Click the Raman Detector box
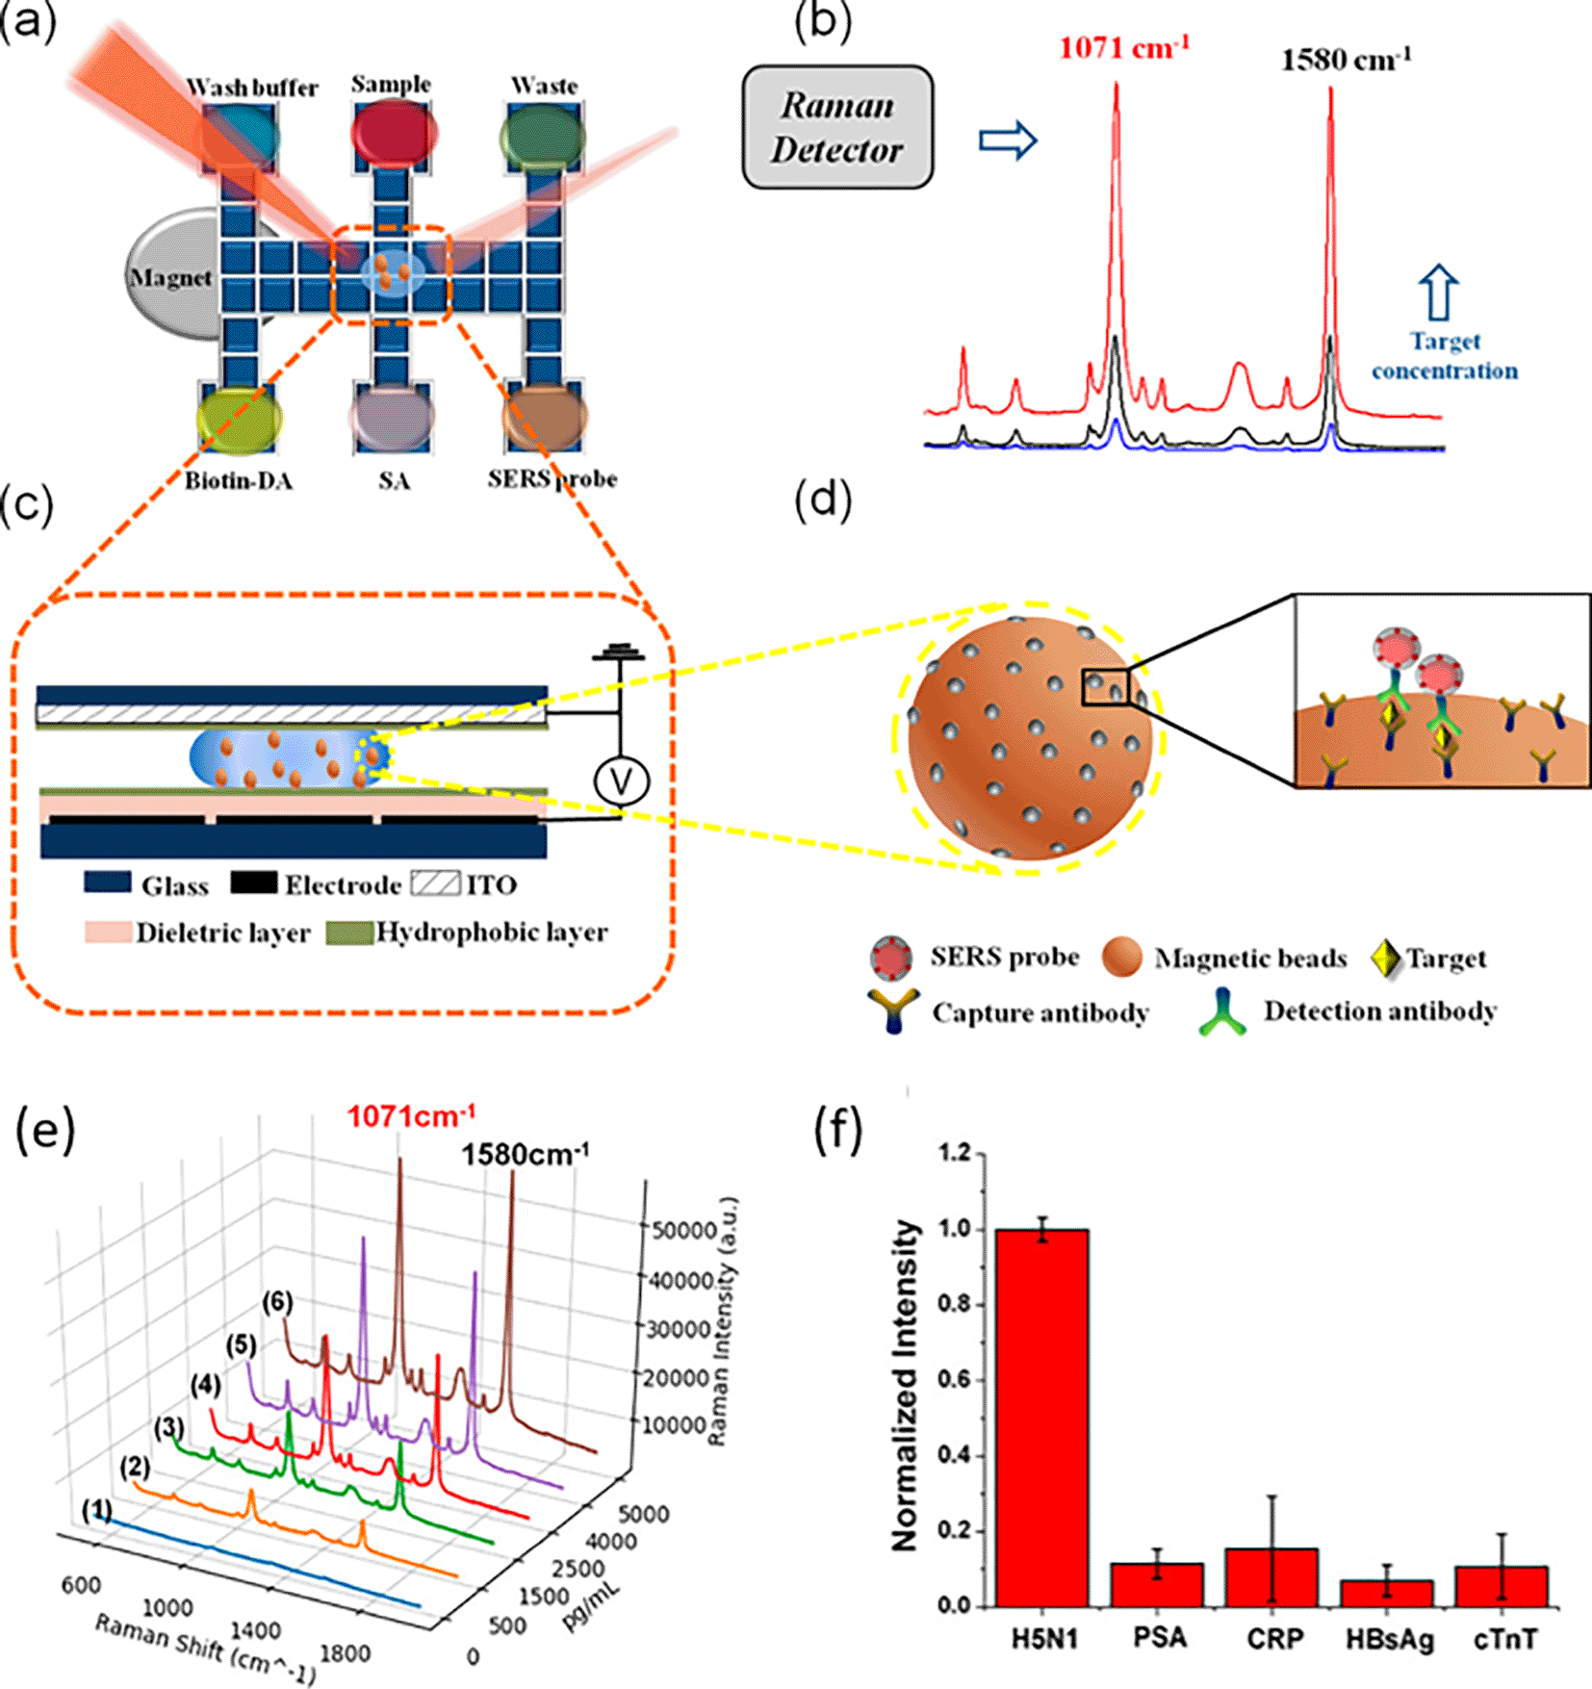(836, 127)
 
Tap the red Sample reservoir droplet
(393, 132)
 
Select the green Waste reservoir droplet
(543, 138)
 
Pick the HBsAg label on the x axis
(1389, 1639)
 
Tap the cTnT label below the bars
(1504, 1639)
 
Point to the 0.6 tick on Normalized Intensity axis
(959, 1380)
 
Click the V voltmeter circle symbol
(621, 781)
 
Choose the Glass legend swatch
(107, 883)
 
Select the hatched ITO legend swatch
(435, 883)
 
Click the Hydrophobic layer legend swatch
(348, 933)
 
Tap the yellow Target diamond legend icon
(1385, 959)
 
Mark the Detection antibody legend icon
(1222, 1012)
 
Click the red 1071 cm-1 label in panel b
(1124, 47)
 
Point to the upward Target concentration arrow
(1438, 293)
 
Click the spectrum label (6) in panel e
(277, 1303)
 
